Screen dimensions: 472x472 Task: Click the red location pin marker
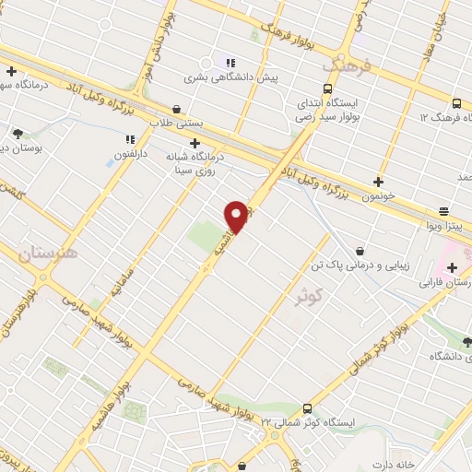tap(237, 217)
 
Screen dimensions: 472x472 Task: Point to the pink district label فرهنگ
tap(346, 66)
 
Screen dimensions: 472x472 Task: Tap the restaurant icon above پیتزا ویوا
tap(443, 210)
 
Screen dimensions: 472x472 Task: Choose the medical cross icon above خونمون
tap(378, 182)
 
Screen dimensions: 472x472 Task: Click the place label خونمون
tap(378, 196)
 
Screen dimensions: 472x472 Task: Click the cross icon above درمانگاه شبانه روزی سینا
tap(195, 143)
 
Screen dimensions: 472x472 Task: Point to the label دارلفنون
tap(131, 153)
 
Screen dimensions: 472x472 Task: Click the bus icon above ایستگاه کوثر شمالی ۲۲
tap(307, 408)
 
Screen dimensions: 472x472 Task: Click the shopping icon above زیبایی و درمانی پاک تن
tap(359, 250)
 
